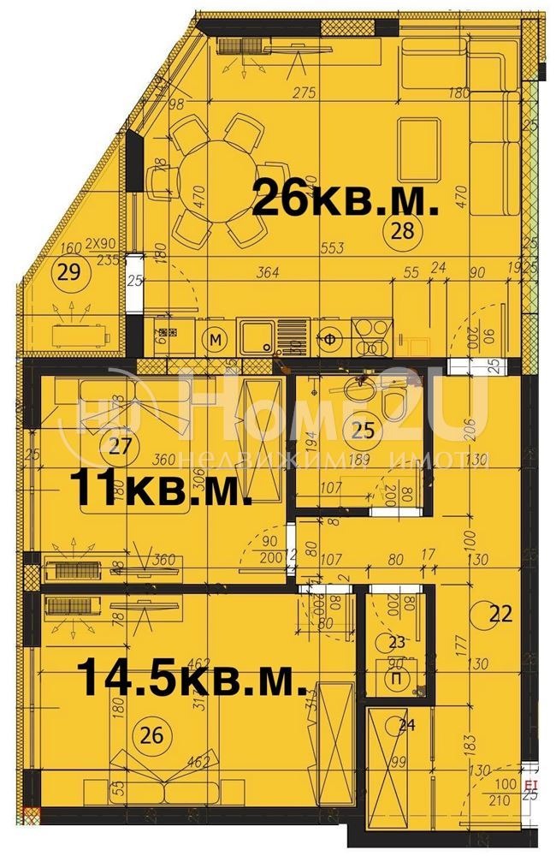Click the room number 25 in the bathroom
pyautogui.click(x=363, y=431)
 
